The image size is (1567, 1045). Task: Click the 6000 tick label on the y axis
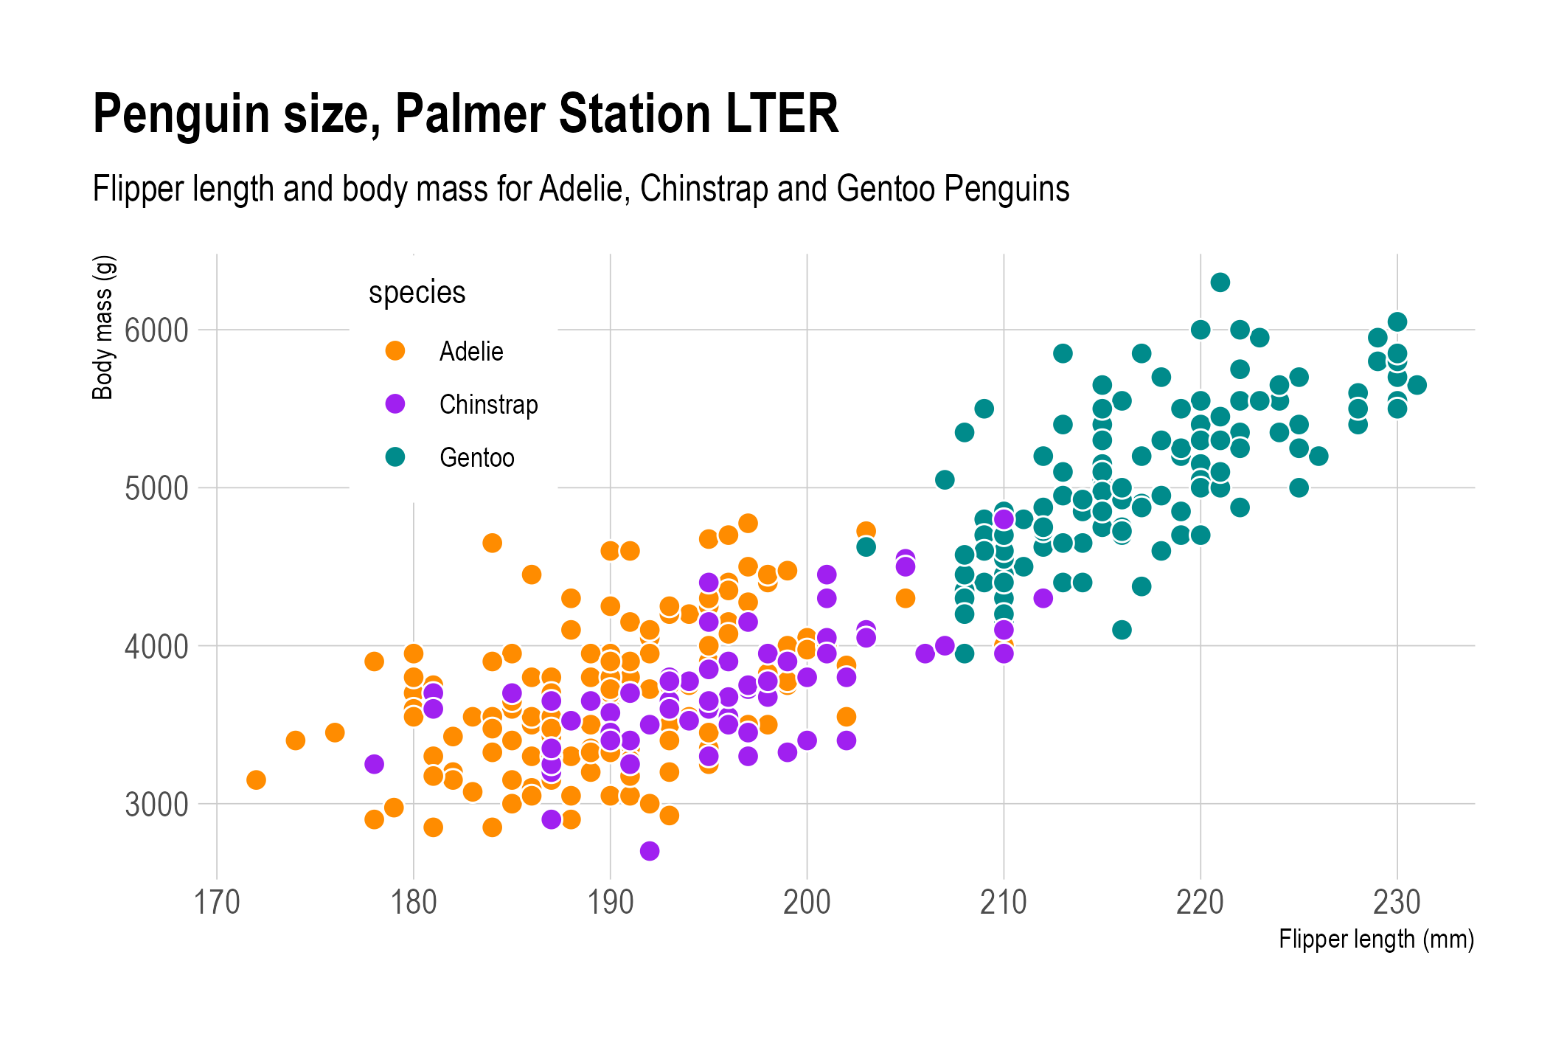coord(156,331)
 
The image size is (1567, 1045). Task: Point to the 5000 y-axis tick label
coord(156,489)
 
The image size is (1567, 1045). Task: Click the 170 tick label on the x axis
coord(217,903)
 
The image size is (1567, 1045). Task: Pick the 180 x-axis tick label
coord(414,903)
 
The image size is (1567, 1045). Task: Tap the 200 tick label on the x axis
coord(807,903)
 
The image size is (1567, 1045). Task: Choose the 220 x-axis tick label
coord(1200,903)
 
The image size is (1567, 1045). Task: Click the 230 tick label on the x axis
coord(1397,903)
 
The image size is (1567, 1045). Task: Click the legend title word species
coord(417,293)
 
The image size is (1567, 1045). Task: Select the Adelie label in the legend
coord(471,352)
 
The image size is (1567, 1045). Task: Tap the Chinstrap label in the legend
coord(488,405)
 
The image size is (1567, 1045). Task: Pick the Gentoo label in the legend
coord(476,458)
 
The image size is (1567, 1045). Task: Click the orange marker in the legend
coord(395,351)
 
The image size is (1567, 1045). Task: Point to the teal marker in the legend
coord(395,457)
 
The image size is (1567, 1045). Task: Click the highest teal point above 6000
coord(1220,282)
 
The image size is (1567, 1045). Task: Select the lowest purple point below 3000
coord(650,851)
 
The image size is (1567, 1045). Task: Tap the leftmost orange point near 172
coord(256,780)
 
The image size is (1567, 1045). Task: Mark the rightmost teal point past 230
coord(1417,385)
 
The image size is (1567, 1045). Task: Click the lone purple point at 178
coord(374,764)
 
